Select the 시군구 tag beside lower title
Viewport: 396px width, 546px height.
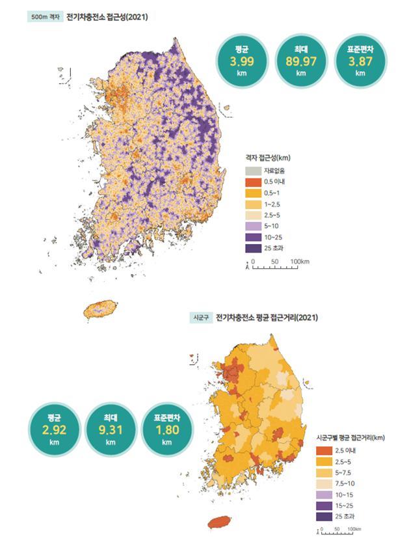click(x=200, y=318)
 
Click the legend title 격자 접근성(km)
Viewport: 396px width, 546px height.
click(x=267, y=157)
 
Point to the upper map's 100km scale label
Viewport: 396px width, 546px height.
click(x=299, y=261)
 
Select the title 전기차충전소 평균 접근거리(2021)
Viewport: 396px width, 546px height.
click(x=267, y=318)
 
